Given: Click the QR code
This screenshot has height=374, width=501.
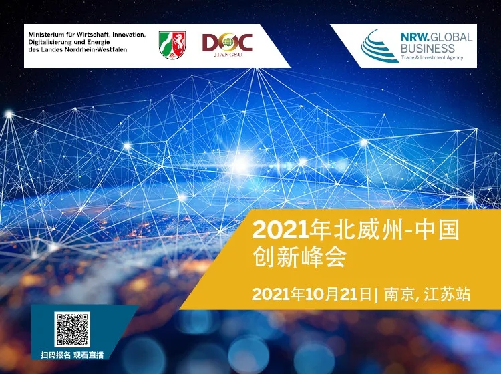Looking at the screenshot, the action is point(72,329).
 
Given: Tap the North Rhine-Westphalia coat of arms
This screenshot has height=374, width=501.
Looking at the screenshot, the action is point(172,45).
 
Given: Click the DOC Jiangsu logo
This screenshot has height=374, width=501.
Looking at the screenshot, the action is point(227,45).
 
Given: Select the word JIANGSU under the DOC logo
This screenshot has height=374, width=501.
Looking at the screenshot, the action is point(228,55).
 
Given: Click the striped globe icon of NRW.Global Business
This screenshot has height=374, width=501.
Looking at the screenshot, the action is point(378,47).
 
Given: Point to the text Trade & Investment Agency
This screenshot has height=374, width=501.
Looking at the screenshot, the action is point(432,58).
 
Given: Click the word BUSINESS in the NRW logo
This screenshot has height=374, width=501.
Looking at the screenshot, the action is point(428,49).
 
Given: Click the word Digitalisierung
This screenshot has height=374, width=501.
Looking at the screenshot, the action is point(48,42).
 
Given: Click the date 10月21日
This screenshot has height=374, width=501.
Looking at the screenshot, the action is point(339,294).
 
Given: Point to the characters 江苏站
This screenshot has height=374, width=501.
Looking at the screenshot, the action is point(447,294).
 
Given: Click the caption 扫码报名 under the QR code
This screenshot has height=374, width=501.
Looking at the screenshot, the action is point(55,355).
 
